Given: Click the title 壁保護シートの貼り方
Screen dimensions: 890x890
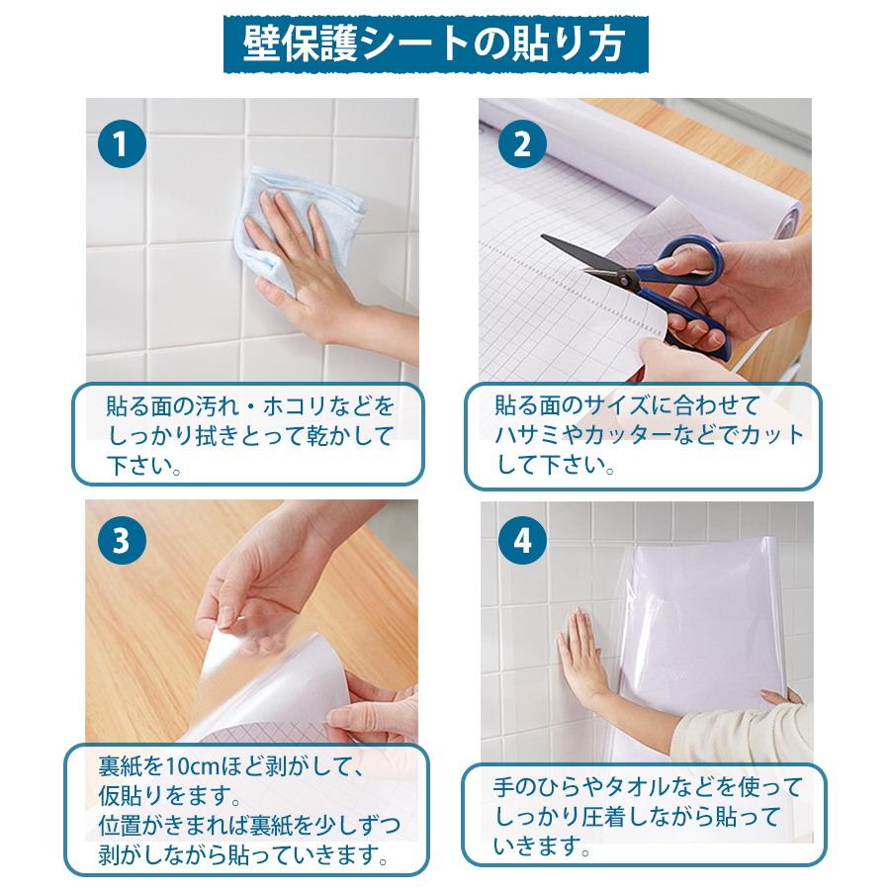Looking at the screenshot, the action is (x=435, y=44).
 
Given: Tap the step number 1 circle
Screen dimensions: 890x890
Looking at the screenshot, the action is (x=122, y=144).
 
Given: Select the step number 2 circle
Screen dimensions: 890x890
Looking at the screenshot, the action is (x=522, y=143).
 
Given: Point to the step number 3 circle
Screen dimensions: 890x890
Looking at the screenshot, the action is (x=122, y=540).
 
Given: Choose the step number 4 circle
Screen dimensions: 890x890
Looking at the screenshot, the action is (x=522, y=540).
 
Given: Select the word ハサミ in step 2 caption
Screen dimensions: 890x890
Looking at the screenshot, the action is (x=528, y=436).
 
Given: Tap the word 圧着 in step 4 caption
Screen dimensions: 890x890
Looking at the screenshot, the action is (x=604, y=817).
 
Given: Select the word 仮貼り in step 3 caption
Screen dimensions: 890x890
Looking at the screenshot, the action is (x=132, y=796).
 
